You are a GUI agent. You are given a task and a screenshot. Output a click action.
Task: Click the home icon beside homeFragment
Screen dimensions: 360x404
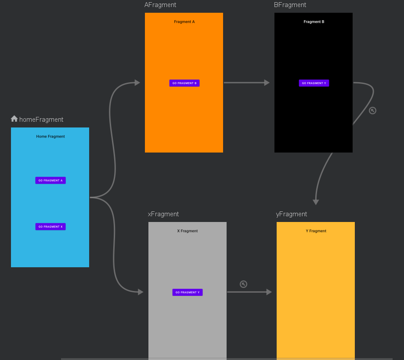(14, 119)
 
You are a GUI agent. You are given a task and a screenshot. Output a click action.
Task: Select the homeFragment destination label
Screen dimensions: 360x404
(41, 120)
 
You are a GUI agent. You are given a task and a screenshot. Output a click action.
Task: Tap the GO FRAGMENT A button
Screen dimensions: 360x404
(50, 180)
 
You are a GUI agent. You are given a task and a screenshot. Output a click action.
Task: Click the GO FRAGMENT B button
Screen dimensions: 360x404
(184, 83)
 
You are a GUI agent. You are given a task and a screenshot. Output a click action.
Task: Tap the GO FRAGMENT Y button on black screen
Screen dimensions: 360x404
(314, 83)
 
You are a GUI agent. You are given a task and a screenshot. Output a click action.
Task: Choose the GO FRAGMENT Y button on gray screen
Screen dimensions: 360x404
(188, 292)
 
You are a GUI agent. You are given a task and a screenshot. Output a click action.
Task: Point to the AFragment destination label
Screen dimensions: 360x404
(160, 5)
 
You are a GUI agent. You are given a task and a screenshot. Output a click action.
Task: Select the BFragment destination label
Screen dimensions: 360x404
(290, 5)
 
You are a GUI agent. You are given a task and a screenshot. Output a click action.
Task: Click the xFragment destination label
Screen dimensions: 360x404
(163, 214)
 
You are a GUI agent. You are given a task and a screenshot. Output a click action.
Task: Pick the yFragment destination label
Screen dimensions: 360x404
(292, 214)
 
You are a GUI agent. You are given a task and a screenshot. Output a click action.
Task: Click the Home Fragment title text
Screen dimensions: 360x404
(50, 137)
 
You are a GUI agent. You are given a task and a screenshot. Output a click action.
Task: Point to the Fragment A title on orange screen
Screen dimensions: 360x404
(184, 22)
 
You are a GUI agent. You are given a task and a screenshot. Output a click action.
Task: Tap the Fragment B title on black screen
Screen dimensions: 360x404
(314, 22)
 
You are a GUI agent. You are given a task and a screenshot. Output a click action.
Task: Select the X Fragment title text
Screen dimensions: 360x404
(188, 231)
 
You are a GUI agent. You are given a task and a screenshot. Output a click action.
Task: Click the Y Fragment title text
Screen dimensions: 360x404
(316, 231)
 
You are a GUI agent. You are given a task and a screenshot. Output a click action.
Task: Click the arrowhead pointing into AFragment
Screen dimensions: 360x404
(137, 83)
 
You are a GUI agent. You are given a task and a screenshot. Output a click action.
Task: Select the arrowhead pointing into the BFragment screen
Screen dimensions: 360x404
(267, 83)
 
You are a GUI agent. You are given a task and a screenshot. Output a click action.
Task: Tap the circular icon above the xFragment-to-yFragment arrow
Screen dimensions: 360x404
(243, 284)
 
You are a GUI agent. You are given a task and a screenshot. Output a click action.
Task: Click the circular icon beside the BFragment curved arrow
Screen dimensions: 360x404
(372, 110)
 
